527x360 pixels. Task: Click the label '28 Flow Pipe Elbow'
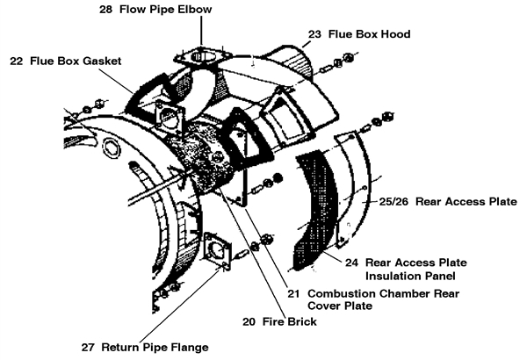(155, 10)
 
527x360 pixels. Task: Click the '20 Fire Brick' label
(278, 321)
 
